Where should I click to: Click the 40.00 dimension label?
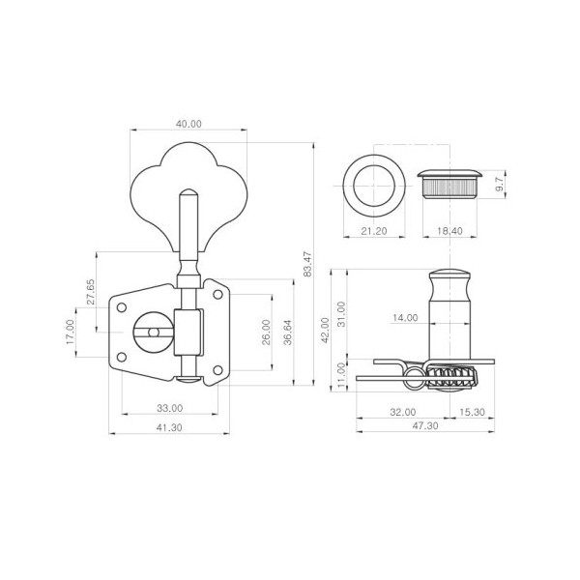click(188, 124)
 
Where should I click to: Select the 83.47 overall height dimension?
click(307, 264)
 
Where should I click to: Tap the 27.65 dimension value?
click(91, 292)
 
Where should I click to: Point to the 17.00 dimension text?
click(71, 333)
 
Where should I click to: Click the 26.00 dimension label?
click(266, 333)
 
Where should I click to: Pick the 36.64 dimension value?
click(287, 333)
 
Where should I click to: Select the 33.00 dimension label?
click(170, 408)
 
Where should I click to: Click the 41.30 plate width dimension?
click(169, 427)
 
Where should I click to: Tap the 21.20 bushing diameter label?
click(373, 231)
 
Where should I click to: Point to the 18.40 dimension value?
click(449, 231)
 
